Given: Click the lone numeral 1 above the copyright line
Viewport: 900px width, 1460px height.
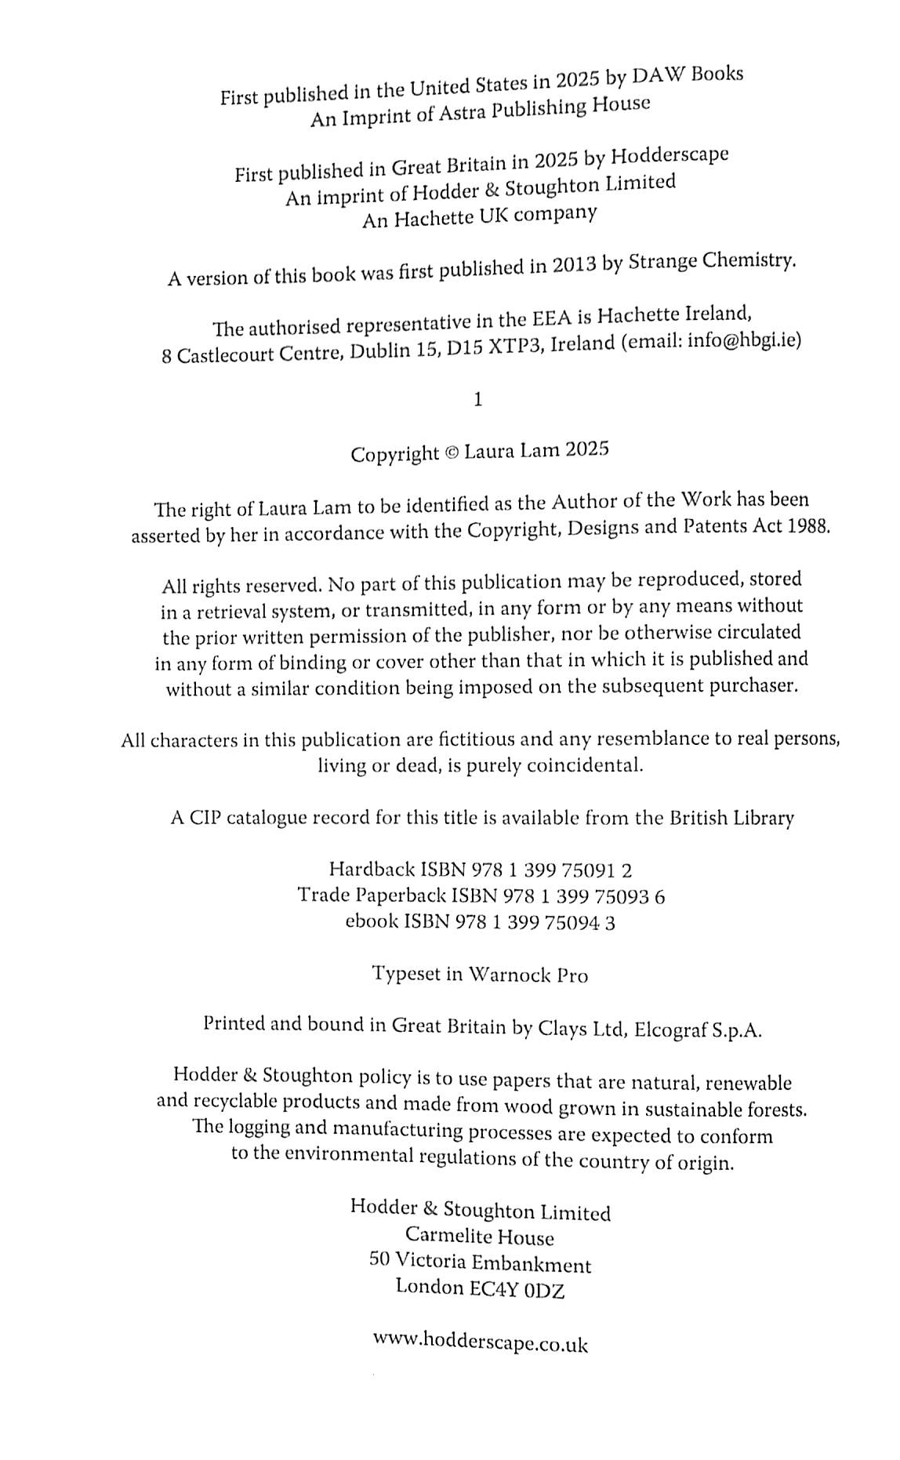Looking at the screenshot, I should tap(478, 400).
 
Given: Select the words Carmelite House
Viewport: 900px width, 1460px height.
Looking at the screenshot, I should tap(479, 1238).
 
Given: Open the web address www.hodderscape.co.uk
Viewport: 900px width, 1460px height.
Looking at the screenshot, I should tap(481, 1342).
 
